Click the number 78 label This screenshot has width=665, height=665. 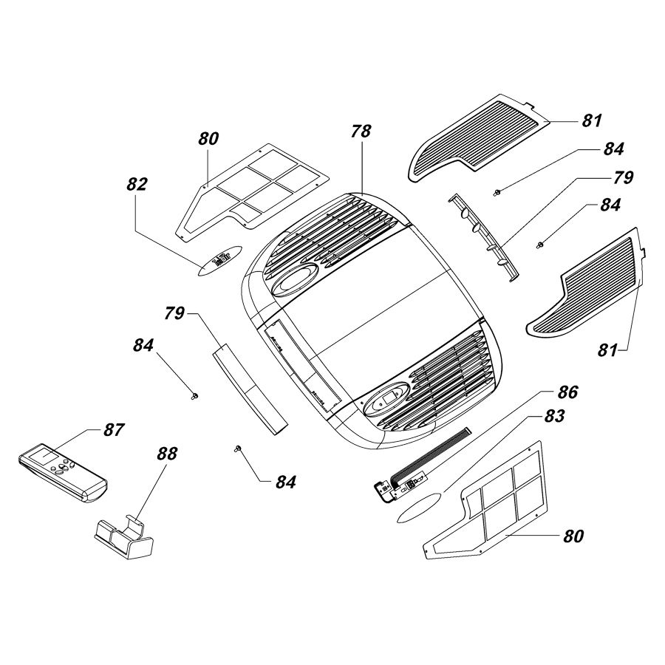coord(362,133)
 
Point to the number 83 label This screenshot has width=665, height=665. coord(554,417)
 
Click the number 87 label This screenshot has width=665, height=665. coord(115,429)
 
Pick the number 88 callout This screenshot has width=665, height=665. coord(167,453)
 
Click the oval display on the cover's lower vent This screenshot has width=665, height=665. coord(388,399)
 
